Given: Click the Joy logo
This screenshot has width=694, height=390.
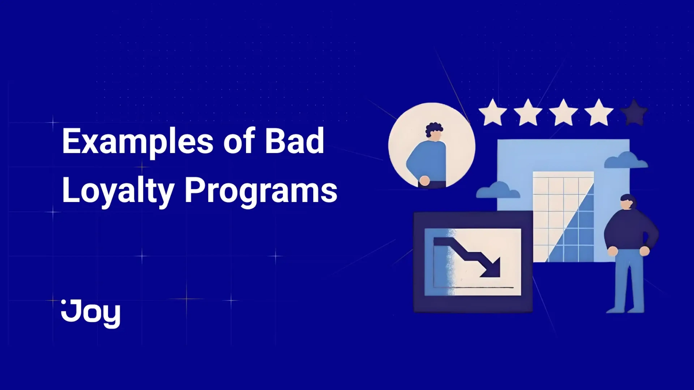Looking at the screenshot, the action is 91,314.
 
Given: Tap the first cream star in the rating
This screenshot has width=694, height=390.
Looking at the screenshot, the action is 493,112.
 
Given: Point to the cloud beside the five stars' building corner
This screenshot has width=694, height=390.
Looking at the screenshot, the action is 626,160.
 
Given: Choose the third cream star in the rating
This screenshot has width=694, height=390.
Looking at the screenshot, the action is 563,112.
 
